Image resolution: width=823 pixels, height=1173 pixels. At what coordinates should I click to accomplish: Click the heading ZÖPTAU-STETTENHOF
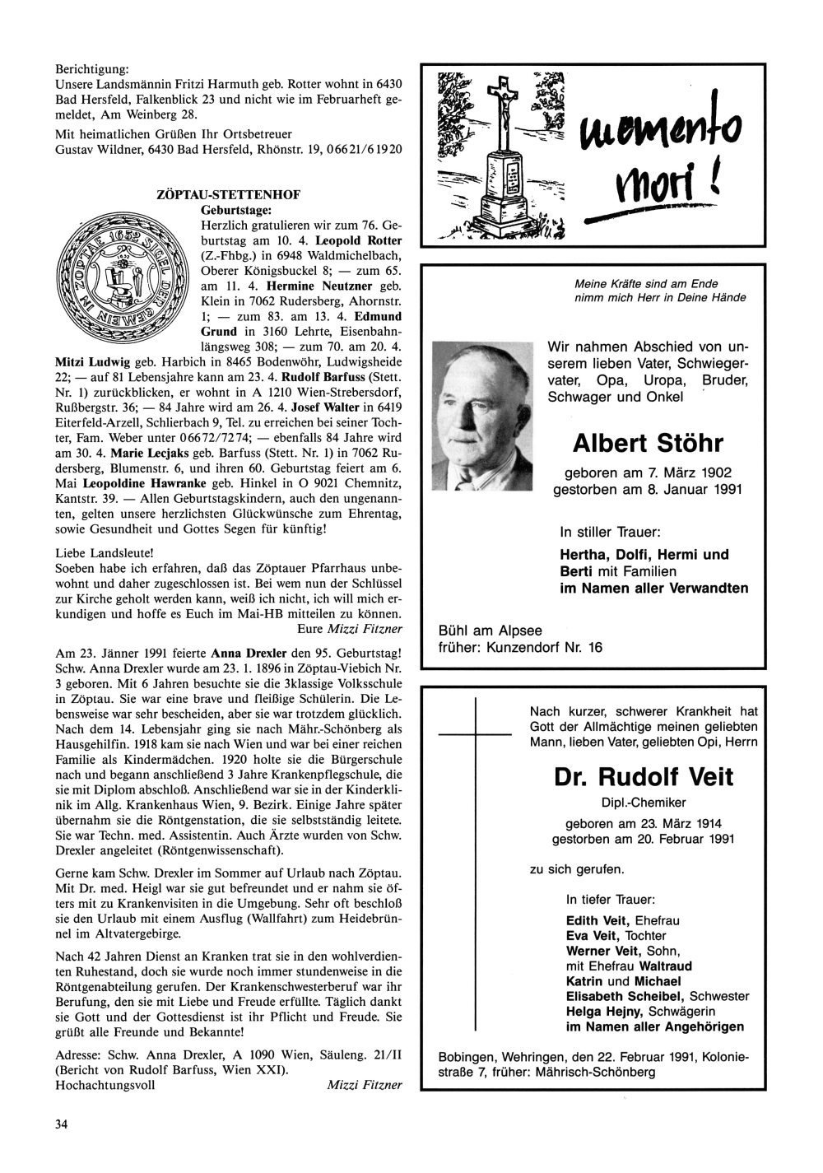pyautogui.click(x=228, y=195)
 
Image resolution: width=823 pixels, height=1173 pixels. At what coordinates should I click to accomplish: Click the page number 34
pyautogui.click(x=61, y=1124)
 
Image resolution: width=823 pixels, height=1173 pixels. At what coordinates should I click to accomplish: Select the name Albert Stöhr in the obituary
pyautogui.click(x=647, y=444)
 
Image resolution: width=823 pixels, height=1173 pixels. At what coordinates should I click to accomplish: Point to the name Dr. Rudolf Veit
pyautogui.click(x=643, y=777)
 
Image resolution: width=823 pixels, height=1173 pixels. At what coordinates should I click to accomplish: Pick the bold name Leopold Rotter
pyautogui.click(x=359, y=240)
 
